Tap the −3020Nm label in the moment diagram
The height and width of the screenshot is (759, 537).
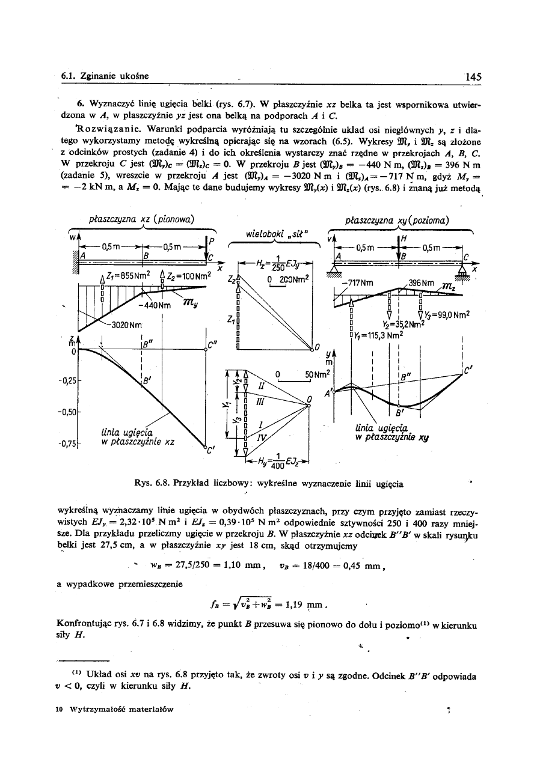tap(125, 325)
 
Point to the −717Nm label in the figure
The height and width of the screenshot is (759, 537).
tap(357, 281)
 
